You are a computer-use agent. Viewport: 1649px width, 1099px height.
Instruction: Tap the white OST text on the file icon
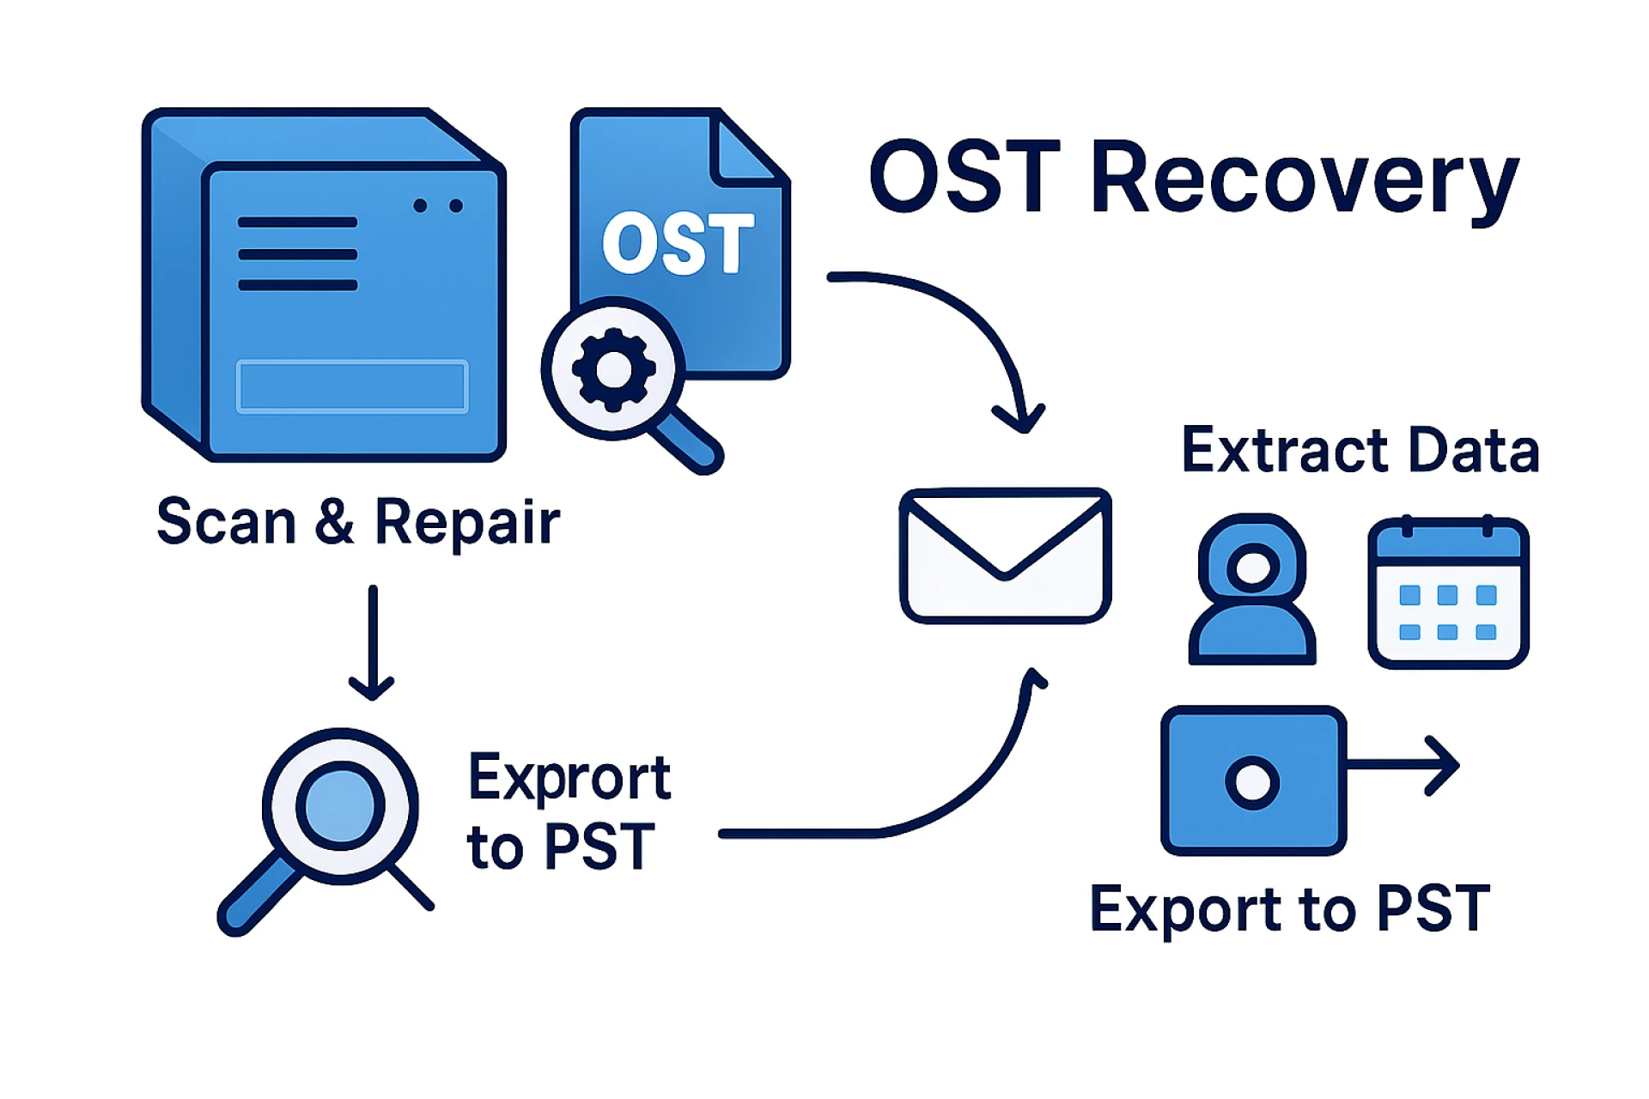678,244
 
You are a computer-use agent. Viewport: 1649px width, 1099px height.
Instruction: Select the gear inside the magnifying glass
613,369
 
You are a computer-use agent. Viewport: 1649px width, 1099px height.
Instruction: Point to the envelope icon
1005,556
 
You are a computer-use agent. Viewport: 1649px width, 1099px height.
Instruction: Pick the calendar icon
1448,592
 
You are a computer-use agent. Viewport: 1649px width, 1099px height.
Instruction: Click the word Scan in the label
226,522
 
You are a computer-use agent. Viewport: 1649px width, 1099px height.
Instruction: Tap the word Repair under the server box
468,522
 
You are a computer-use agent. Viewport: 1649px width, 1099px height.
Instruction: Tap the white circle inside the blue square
1252,782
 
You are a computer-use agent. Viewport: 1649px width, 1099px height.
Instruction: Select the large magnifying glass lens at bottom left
340,806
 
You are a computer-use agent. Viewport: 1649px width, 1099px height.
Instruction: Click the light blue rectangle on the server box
352,386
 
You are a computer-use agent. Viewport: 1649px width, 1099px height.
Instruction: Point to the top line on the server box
297,222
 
